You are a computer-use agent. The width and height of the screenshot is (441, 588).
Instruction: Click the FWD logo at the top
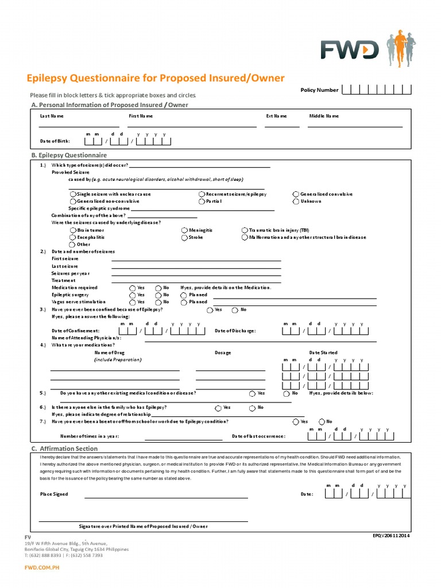350,51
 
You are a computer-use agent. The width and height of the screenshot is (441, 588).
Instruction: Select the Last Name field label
52,116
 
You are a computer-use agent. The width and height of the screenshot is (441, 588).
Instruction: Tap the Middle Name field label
324,116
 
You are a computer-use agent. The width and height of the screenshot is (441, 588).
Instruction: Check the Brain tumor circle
72,230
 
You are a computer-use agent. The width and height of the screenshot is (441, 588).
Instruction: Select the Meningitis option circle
184,230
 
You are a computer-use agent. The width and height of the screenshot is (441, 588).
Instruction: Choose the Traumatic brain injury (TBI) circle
245,230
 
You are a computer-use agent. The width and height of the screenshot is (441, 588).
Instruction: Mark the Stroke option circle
184,237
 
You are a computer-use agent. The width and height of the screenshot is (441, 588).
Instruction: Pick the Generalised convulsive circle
296,195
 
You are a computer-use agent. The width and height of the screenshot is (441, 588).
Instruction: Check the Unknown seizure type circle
296,202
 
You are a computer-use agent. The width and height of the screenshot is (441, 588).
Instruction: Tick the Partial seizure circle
202,202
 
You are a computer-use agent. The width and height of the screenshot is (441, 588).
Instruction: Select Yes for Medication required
133,288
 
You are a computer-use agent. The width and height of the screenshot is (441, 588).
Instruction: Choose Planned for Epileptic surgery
184,295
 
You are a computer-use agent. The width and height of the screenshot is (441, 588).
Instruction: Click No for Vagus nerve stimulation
158,302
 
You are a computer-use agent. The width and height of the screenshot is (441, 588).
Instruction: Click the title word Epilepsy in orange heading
48,78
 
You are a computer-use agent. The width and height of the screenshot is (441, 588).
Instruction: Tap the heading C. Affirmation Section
64,448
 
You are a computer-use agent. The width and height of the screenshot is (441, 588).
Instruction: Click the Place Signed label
54,494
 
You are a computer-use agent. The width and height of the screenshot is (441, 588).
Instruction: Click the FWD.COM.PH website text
41,567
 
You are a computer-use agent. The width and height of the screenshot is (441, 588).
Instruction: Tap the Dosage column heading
223,353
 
